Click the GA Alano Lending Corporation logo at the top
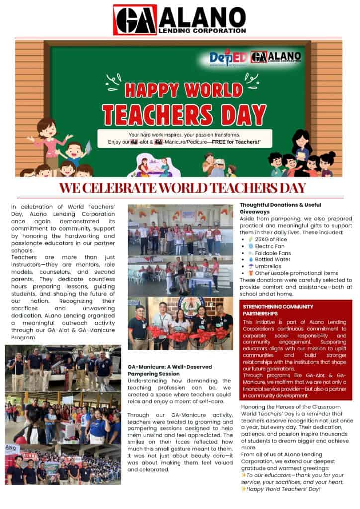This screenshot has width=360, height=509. (x=180, y=20)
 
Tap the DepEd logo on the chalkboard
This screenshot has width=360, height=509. (x=228, y=57)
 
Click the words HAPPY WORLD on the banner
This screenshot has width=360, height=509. (x=183, y=90)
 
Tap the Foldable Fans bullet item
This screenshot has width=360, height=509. (x=274, y=253)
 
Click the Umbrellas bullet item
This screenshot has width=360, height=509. (x=270, y=266)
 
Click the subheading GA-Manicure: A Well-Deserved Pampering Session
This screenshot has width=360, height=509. (x=170, y=370)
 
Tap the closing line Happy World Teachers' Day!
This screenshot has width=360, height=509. (x=280, y=489)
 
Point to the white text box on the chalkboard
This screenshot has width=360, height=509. (x=184, y=138)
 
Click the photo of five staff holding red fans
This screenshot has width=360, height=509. (x=180, y=324)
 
